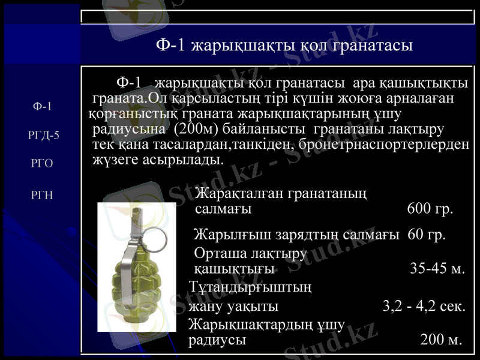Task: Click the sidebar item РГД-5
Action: [x=43, y=135]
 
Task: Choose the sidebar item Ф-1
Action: [x=42, y=107]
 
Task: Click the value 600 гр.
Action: [x=430, y=209]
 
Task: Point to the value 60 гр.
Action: [x=427, y=234]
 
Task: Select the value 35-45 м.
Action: [x=437, y=268]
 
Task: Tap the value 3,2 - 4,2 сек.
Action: [x=424, y=307]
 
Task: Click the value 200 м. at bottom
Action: [x=441, y=340]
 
